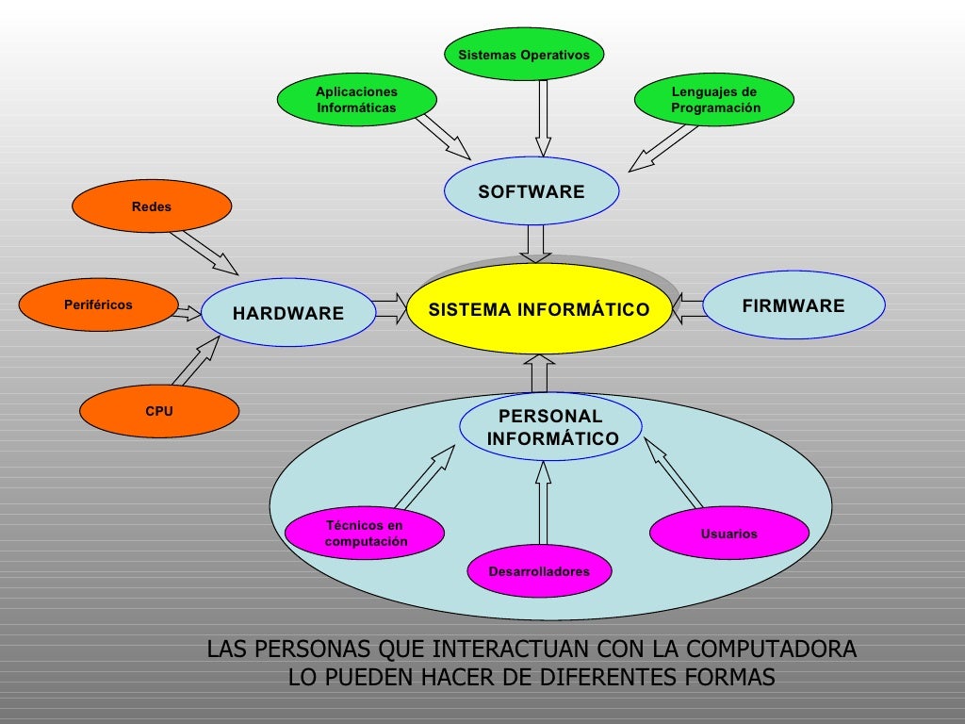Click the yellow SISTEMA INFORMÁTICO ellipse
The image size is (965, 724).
(x=539, y=309)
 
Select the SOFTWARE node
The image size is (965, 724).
(x=532, y=191)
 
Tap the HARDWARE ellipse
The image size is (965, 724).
(x=288, y=313)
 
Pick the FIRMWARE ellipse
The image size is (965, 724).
(x=793, y=305)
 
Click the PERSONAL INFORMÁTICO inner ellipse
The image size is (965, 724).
(x=551, y=427)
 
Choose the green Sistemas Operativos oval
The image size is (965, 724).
(x=524, y=55)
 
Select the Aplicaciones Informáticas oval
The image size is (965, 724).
(x=356, y=100)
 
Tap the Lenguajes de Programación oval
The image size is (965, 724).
(x=714, y=100)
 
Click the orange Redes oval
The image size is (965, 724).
(x=152, y=206)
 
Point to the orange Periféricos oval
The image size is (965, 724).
(x=98, y=305)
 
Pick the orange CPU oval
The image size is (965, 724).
(x=159, y=411)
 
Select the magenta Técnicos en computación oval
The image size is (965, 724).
(x=366, y=534)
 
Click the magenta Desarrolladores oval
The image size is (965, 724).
(x=539, y=571)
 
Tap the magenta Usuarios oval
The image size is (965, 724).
(x=728, y=534)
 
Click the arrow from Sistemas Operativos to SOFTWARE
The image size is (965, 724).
(x=544, y=117)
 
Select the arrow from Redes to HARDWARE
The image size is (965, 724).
(x=205, y=251)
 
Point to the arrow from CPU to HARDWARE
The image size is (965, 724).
(x=196, y=360)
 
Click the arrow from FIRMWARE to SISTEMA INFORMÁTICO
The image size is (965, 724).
(x=689, y=307)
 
